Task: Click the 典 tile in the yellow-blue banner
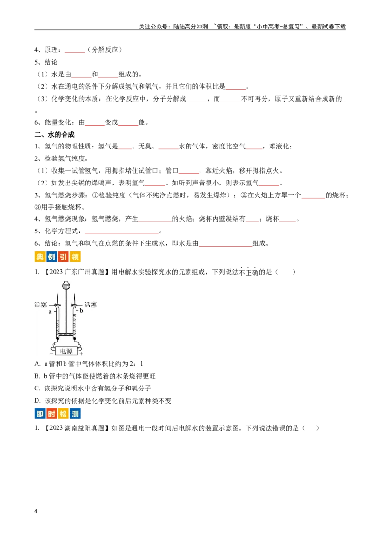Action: point(39,258)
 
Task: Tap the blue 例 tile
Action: point(51,258)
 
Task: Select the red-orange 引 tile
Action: point(63,258)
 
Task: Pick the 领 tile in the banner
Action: point(75,258)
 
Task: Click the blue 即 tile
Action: point(39,414)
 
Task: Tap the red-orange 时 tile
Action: point(51,414)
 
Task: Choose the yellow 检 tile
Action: point(63,414)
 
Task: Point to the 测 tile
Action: point(75,414)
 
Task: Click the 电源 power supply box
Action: point(66,351)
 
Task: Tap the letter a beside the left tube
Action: point(49,312)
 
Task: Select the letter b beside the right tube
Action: point(81,310)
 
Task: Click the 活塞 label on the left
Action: point(40,305)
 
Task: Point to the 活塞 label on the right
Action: point(91,305)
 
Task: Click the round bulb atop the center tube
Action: point(66,286)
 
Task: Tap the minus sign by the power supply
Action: point(51,354)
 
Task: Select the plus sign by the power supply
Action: point(81,354)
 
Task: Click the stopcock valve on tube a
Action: point(57,305)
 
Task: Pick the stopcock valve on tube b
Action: point(74,305)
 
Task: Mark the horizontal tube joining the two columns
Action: point(66,335)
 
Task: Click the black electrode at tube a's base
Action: point(57,338)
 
